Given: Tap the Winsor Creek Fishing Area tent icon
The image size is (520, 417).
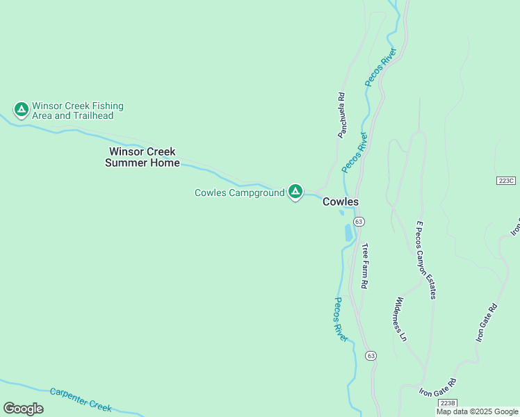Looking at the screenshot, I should [22, 109].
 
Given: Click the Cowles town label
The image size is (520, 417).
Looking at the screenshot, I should [340, 202].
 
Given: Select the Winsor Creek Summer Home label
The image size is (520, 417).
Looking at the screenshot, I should [142, 157].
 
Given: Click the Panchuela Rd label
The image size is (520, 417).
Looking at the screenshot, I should [341, 115].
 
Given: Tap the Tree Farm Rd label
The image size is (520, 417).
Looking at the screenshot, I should [364, 265].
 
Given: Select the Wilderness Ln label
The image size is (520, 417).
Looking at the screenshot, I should [400, 319].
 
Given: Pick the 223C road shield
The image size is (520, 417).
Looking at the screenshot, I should [507, 181].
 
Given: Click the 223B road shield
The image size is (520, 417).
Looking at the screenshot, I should [448, 402].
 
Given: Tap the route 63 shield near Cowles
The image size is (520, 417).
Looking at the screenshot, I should [358, 221].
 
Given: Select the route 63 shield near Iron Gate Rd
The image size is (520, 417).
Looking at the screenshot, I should [371, 355].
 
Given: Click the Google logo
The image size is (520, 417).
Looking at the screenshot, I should [23, 409].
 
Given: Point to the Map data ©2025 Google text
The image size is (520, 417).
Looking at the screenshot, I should [477, 411].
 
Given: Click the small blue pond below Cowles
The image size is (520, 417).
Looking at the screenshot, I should [348, 234].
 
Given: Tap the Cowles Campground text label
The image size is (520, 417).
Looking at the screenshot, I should [239, 193].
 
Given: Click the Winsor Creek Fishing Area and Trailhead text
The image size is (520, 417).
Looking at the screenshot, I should [77, 111].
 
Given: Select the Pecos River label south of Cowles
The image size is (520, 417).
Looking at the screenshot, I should [341, 319].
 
